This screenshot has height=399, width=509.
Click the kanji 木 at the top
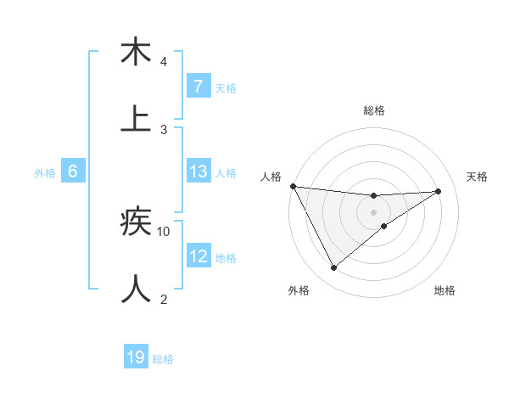(136, 53)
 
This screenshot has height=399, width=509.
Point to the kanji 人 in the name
(136, 289)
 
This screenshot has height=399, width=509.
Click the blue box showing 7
(198, 86)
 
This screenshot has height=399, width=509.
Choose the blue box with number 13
(198, 171)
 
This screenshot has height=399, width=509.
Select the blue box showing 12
(198, 256)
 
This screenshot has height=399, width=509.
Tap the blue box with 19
(136, 357)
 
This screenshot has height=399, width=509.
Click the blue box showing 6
(73, 171)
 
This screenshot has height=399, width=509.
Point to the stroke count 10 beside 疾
(164, 231)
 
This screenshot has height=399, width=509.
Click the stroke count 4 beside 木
(164, 62)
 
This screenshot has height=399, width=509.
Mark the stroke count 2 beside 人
(164, 299)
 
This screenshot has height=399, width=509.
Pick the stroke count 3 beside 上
(164, 129)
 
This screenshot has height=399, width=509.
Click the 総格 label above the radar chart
(374, 110)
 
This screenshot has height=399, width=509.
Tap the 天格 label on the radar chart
(477, 177)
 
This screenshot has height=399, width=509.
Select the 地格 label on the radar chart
(445, 290)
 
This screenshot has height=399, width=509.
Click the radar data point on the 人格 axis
(293, 186)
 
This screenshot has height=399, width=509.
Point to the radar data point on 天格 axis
(438, 191)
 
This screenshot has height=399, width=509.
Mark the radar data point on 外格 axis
(333, 268)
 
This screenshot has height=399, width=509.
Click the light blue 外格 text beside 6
(45, 172)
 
